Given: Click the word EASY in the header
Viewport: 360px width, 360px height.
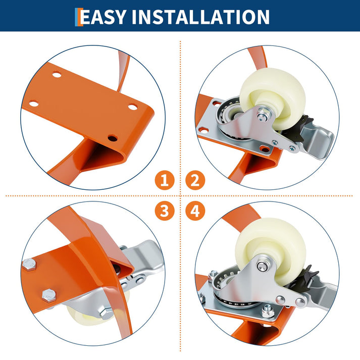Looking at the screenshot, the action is click(104, 17).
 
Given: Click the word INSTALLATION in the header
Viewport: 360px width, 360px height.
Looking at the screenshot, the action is click(200, 17).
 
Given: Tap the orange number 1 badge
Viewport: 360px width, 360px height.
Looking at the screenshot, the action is click(165, 180).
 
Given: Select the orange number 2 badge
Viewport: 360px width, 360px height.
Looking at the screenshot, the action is click(195, 180).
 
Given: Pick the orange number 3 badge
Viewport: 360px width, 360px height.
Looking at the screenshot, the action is click(165, 211).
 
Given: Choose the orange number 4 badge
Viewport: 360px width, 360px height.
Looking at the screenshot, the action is click(195, 211).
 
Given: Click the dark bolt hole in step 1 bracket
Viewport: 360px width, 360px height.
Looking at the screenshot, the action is click(112, 138).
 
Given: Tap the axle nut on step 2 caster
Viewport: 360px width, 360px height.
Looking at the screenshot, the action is click(262, 117).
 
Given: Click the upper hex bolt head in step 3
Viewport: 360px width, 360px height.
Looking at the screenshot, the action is click(30, 265).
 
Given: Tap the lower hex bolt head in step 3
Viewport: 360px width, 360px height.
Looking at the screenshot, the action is click(49, 296).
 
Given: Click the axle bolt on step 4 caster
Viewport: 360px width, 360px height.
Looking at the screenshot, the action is click(262, 267).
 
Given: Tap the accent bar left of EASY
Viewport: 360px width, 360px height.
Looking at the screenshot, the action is click(79, 17).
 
